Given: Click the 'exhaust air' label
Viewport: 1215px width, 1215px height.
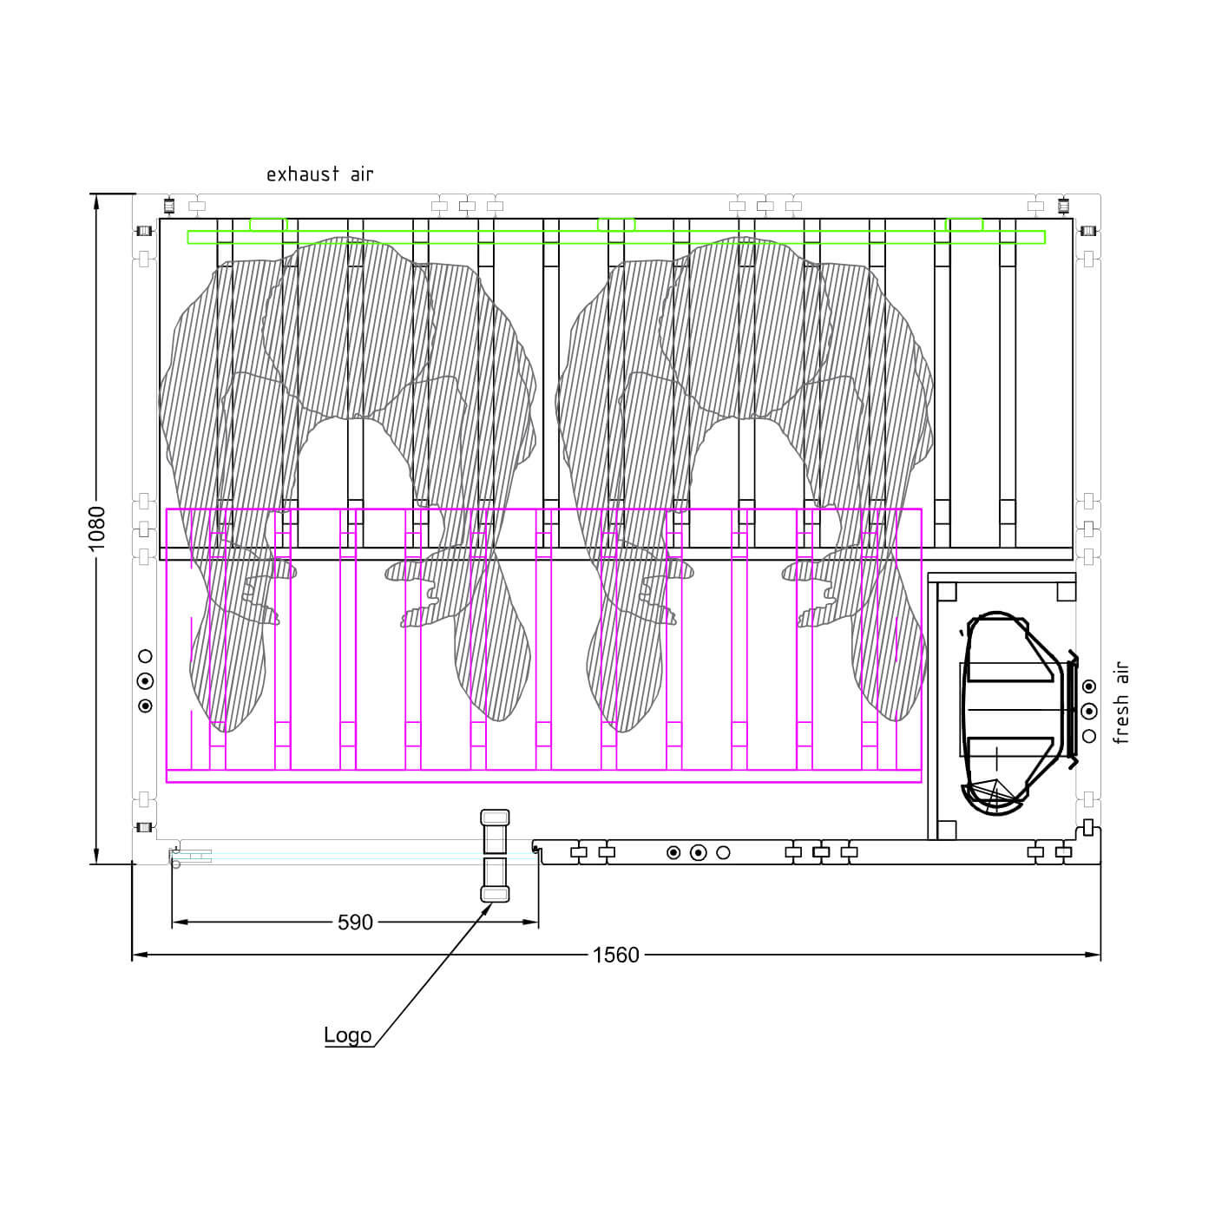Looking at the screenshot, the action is click(x=319, y=174).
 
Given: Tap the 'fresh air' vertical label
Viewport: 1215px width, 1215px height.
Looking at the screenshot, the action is click(x=1120, y=703).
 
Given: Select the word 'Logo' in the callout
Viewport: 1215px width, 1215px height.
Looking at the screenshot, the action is click(x=347, y=1034).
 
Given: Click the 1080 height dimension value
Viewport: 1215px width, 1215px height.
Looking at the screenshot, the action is click(x=96, y=528).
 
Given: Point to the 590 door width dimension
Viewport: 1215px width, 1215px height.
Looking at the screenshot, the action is click(x=355, y=923).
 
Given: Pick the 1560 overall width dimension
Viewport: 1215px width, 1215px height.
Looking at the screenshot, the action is click(x=615, y=956).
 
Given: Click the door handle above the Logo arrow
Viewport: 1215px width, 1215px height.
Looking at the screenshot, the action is click(x=495, y=856).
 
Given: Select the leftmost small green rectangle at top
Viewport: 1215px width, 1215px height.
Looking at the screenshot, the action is click(x=268, y=225).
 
